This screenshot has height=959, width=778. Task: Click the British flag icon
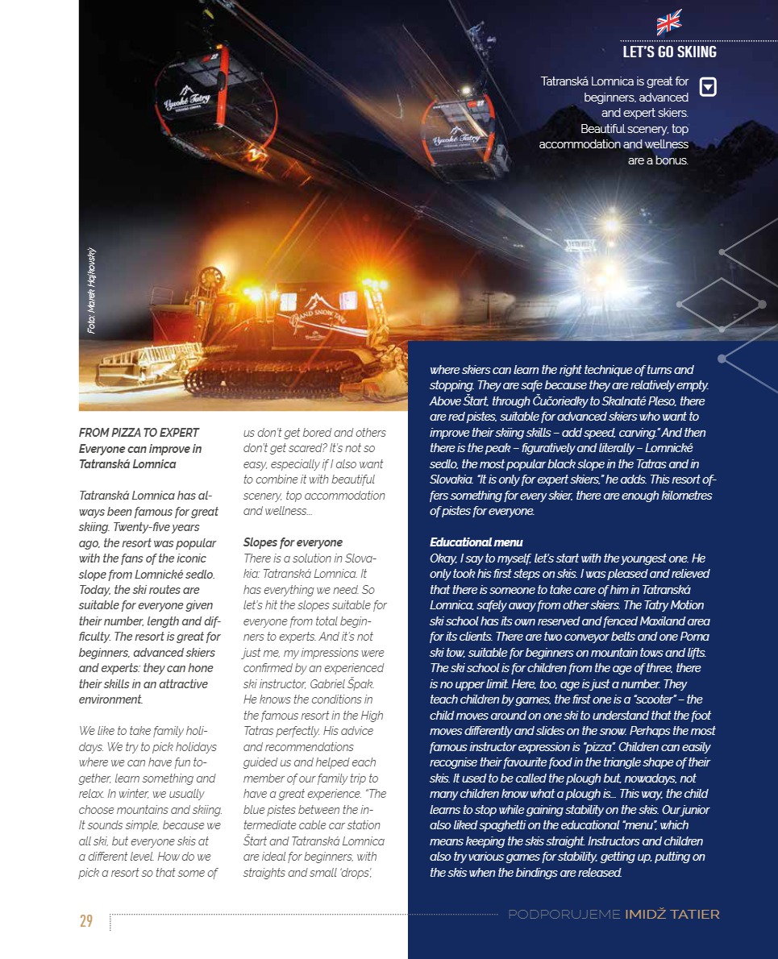pyautogui.click(x=669, y=22)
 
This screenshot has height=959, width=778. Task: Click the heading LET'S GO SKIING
pyautogui.click(x=669, y=52)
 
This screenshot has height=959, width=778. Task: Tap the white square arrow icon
pyautogui.click(x=707, y=86)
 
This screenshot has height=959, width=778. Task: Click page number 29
pyautogui.click(x=86, y=921)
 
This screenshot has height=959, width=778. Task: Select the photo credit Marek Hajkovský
pyautogui.click(x=92, y=291)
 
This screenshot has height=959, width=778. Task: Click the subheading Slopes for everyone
pyautogui.click(x=293, y=542)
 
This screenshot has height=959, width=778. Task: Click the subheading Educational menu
pyautogui.click(x=476, y=542)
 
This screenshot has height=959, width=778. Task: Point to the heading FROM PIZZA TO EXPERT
pyautogui.click(x=139, y=433)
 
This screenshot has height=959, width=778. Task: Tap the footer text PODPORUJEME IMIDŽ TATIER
pyautogui.click(x=614, y=914)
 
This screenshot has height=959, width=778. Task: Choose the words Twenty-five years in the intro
pyautogui.click(x=153, y=527)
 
